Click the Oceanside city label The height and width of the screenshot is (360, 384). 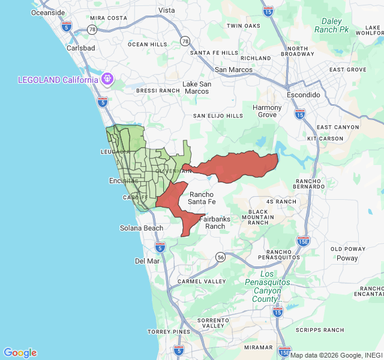47,12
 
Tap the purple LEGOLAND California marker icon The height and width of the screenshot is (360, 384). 108,78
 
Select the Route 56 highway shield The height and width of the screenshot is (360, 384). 220,257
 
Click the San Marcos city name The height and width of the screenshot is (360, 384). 233,70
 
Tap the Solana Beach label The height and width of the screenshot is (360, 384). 141,228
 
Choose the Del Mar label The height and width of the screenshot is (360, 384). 147,261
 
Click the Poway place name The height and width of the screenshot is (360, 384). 347,258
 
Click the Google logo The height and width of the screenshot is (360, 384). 20,353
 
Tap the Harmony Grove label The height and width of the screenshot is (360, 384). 267,111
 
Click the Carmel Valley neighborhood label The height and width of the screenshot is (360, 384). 202,281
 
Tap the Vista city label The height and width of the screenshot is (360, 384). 166,10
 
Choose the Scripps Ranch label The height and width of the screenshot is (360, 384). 325,330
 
